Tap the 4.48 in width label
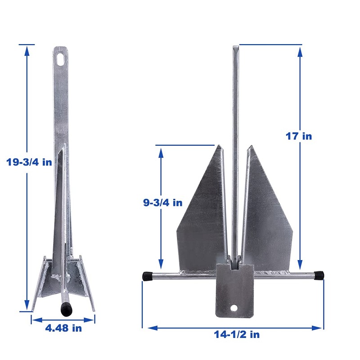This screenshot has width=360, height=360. (64, 328)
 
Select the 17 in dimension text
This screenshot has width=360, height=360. (298, 135)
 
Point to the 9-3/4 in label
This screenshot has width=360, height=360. (160, 202)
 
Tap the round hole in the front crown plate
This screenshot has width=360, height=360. (234, 308)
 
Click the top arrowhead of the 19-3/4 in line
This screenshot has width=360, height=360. (27, 49)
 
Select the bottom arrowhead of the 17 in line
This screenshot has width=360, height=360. (300, 262)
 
